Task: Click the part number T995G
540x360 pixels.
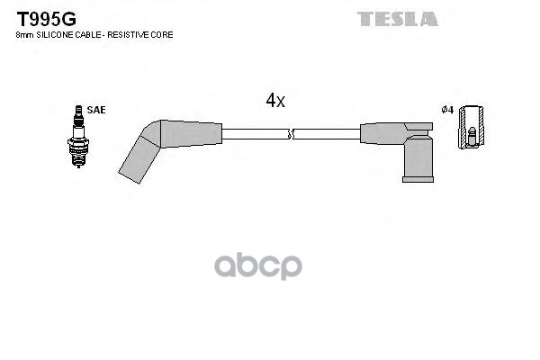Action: point(47,19)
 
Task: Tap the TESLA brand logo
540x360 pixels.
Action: point(398,19)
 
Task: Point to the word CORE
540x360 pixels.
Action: point(162,35)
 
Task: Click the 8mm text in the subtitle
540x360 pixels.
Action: point(24,35)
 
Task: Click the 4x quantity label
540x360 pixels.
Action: point(275,100)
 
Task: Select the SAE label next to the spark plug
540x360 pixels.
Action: point(96,110)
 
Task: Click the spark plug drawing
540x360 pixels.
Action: point(78,137)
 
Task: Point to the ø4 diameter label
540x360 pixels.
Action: point(447,110)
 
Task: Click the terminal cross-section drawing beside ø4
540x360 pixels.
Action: point(471,128)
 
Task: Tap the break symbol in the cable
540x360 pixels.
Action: point(291,134)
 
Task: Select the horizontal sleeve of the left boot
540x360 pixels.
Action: point(191,134)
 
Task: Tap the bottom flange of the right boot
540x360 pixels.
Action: point(418,179)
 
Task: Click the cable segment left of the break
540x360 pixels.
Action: point(256,134)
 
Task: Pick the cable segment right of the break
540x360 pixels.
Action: point(328,134)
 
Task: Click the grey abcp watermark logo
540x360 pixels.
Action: point(258,266)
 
